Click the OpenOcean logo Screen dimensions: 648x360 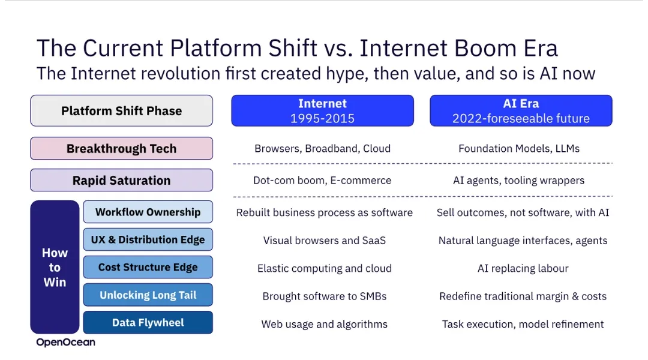tap(66, 342)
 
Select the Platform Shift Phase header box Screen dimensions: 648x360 tap(121, 111)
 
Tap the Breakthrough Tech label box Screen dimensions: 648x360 tap(121, 148)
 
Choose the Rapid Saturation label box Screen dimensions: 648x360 tap(121, 180)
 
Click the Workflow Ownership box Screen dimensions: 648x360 tap(148, 212)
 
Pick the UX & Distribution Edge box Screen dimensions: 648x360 tap(148, 240)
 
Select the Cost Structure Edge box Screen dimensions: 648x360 tap(148, 268)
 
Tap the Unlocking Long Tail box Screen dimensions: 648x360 tap(148, 295)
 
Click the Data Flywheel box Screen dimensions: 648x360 tap(148, 323)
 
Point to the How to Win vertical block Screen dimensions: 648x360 tap(55, 268)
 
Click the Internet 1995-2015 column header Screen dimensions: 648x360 tap(322, 111)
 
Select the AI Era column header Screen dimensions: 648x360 tap(521, 111)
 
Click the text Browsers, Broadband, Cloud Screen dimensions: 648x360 tap(322, 149)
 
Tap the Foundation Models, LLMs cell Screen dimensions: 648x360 tap(519, 149)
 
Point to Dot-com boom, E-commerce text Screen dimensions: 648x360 tap(322, 181)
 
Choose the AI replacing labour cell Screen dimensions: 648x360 tap(523, 269)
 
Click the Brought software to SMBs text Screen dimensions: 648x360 tap(325, 296)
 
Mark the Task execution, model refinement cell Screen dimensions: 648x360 tap(523, 325)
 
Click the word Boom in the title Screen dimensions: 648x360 tap(485, 48)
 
